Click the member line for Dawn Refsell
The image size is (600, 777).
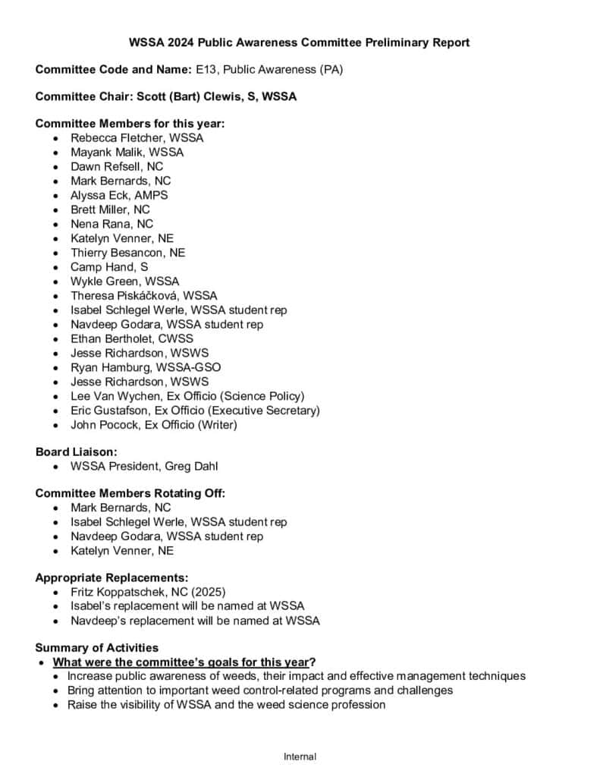[117, 166]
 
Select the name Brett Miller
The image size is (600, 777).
[99, 209]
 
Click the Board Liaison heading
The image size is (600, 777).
[76, 451]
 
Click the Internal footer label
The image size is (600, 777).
[300, 757]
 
